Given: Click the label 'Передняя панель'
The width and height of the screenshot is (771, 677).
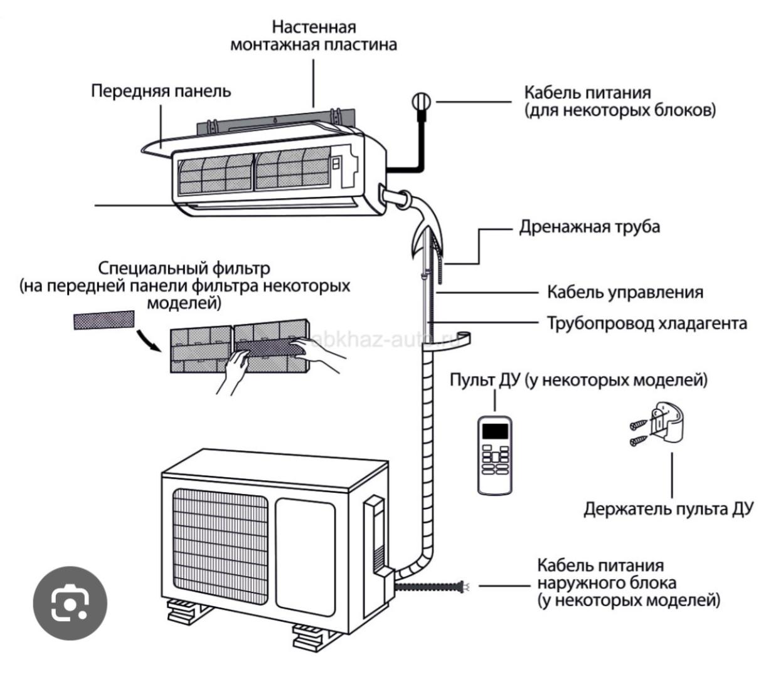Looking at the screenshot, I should [x=161, y=91].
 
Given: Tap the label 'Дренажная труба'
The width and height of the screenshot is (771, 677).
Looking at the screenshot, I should [x=589, y=226].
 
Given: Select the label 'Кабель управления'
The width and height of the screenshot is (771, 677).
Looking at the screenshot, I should [x=625, y=292].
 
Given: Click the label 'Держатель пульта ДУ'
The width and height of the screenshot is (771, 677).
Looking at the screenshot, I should [x=667, y=508].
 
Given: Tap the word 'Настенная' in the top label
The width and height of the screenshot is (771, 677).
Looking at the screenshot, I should [x=314, y=27].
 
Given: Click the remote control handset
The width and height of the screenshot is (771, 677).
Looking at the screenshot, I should [x=494, y=454].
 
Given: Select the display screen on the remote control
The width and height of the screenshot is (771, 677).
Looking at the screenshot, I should [x=494, y=431].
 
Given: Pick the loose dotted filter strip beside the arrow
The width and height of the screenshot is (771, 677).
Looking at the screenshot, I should [x=104, y=320].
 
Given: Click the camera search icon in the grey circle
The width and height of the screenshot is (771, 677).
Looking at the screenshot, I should [x=70, y=602].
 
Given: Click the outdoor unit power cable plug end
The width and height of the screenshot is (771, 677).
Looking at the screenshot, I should [x=465, y=585].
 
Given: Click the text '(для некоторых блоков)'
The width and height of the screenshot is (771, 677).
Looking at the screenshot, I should [x=620, y=110].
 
